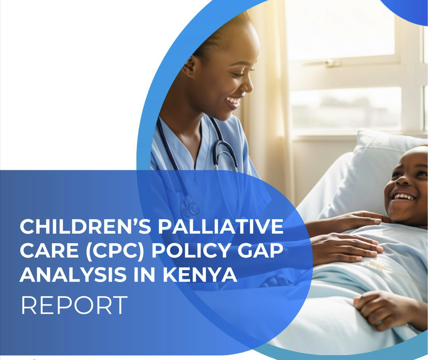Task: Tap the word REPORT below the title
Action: click(74, 305)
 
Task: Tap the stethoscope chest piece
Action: click(191, 208)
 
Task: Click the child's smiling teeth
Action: click(404, 197)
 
